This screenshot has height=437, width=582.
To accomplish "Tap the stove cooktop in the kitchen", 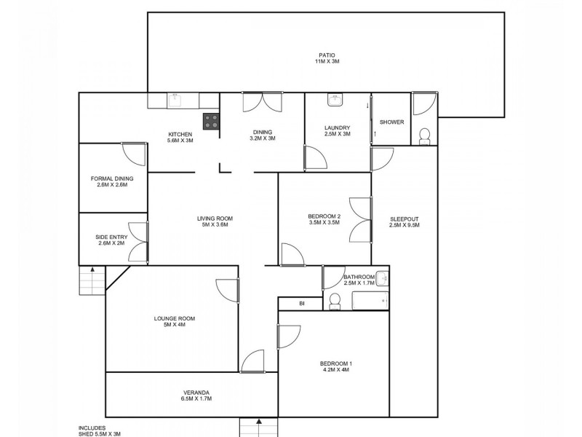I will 211,122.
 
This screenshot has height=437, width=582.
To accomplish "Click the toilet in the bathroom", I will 335,301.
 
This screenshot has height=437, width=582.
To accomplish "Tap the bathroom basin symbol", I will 383,279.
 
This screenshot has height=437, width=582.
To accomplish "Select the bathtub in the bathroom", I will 370,301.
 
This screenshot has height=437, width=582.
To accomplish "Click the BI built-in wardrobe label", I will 301,303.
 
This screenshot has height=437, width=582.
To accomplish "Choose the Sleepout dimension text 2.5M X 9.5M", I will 404,226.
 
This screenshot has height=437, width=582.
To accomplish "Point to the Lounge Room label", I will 175,318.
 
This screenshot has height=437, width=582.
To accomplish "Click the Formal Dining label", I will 112,178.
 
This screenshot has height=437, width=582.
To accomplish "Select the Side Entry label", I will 112,237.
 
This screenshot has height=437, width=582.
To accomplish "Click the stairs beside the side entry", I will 92,277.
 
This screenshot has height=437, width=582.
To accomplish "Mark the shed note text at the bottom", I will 100,431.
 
